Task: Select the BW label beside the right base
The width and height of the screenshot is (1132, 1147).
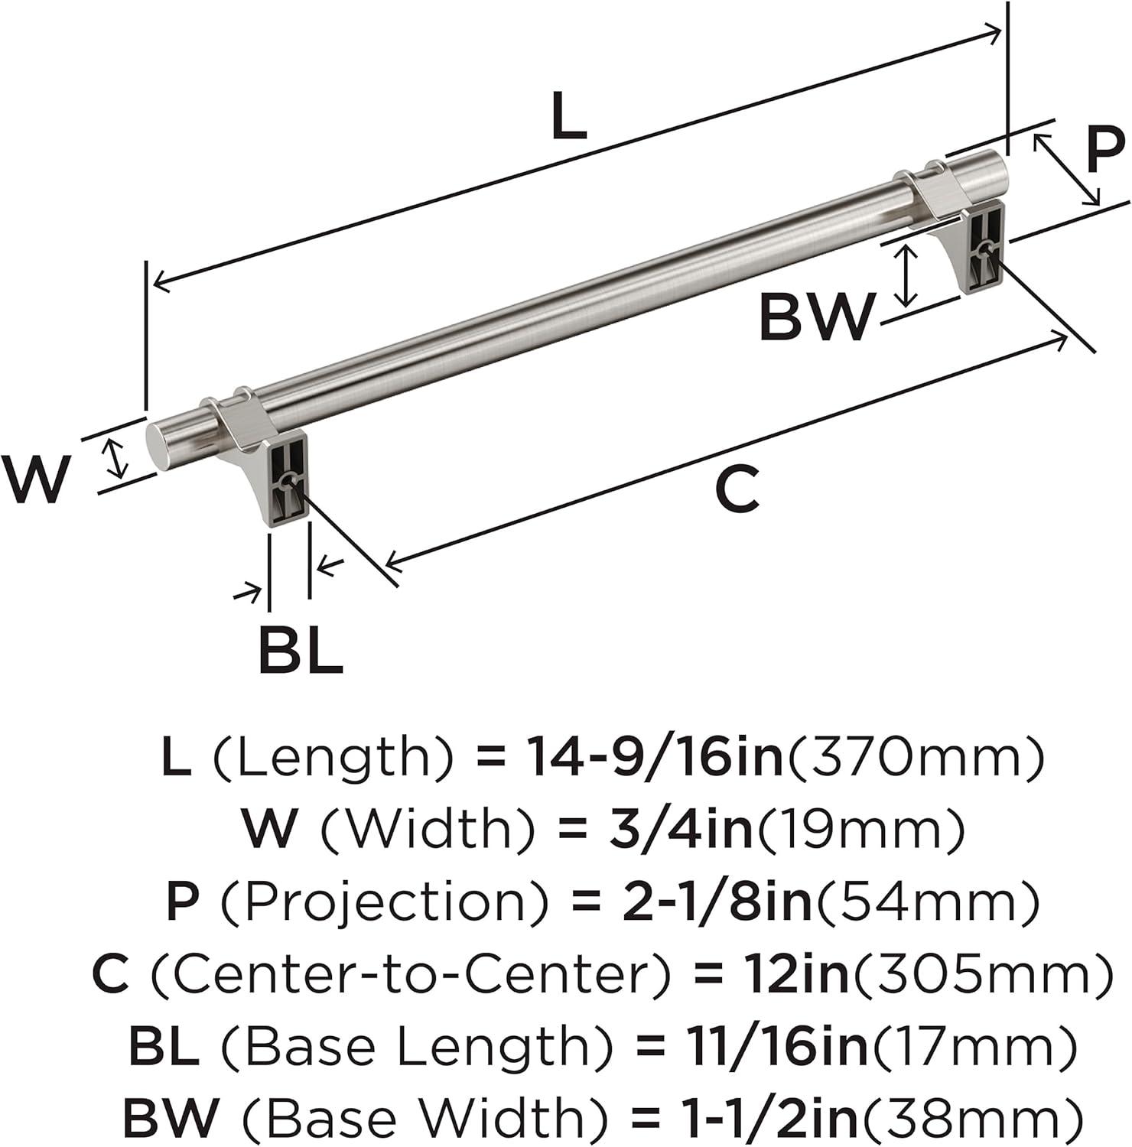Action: tap(815, 317)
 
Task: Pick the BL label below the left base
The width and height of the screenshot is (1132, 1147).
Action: tap(300, 650)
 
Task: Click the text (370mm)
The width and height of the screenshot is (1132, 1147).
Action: tap(915, 756)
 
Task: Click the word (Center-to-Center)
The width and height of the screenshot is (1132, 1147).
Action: tap(411, 974)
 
